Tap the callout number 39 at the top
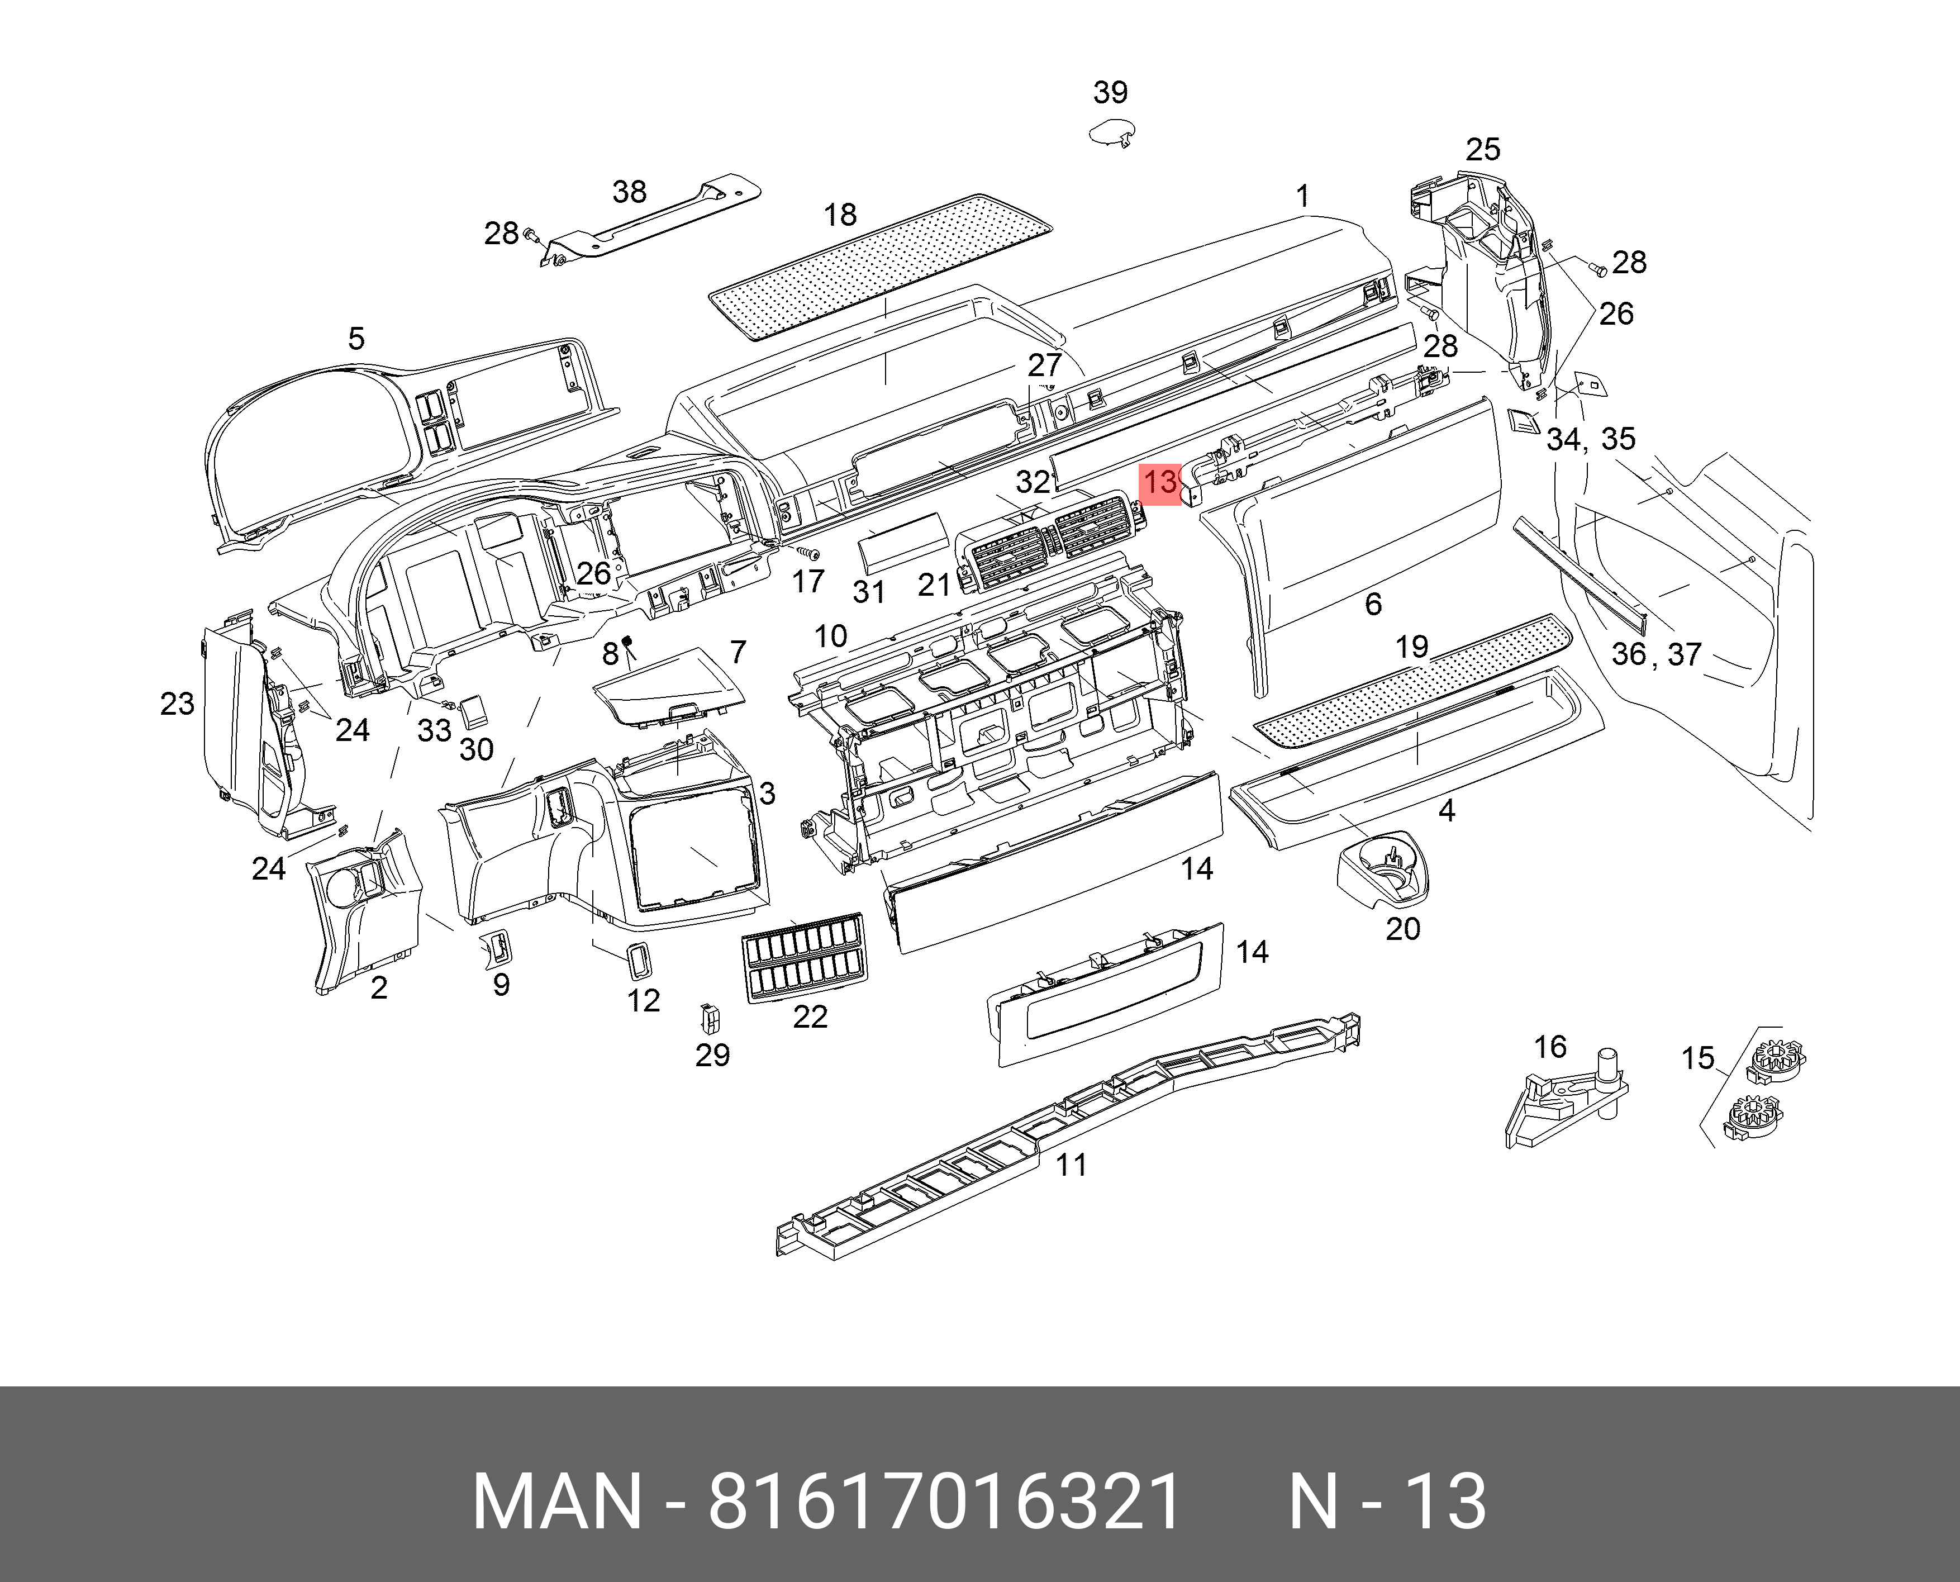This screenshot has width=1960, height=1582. pyautogui.click(x=1110, y=92)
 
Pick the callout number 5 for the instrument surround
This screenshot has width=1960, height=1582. pyautogui.click(x=356, y=339)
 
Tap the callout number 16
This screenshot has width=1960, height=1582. pyautogui.click(x=1550, y=1047)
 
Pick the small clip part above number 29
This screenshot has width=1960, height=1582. pyautogui.click(x=708, y=1017)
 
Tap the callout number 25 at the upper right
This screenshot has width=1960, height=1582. pyautogui.click(x=1482, y=149)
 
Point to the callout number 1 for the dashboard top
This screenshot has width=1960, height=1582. pyautogui.click(x=1303, y=196)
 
